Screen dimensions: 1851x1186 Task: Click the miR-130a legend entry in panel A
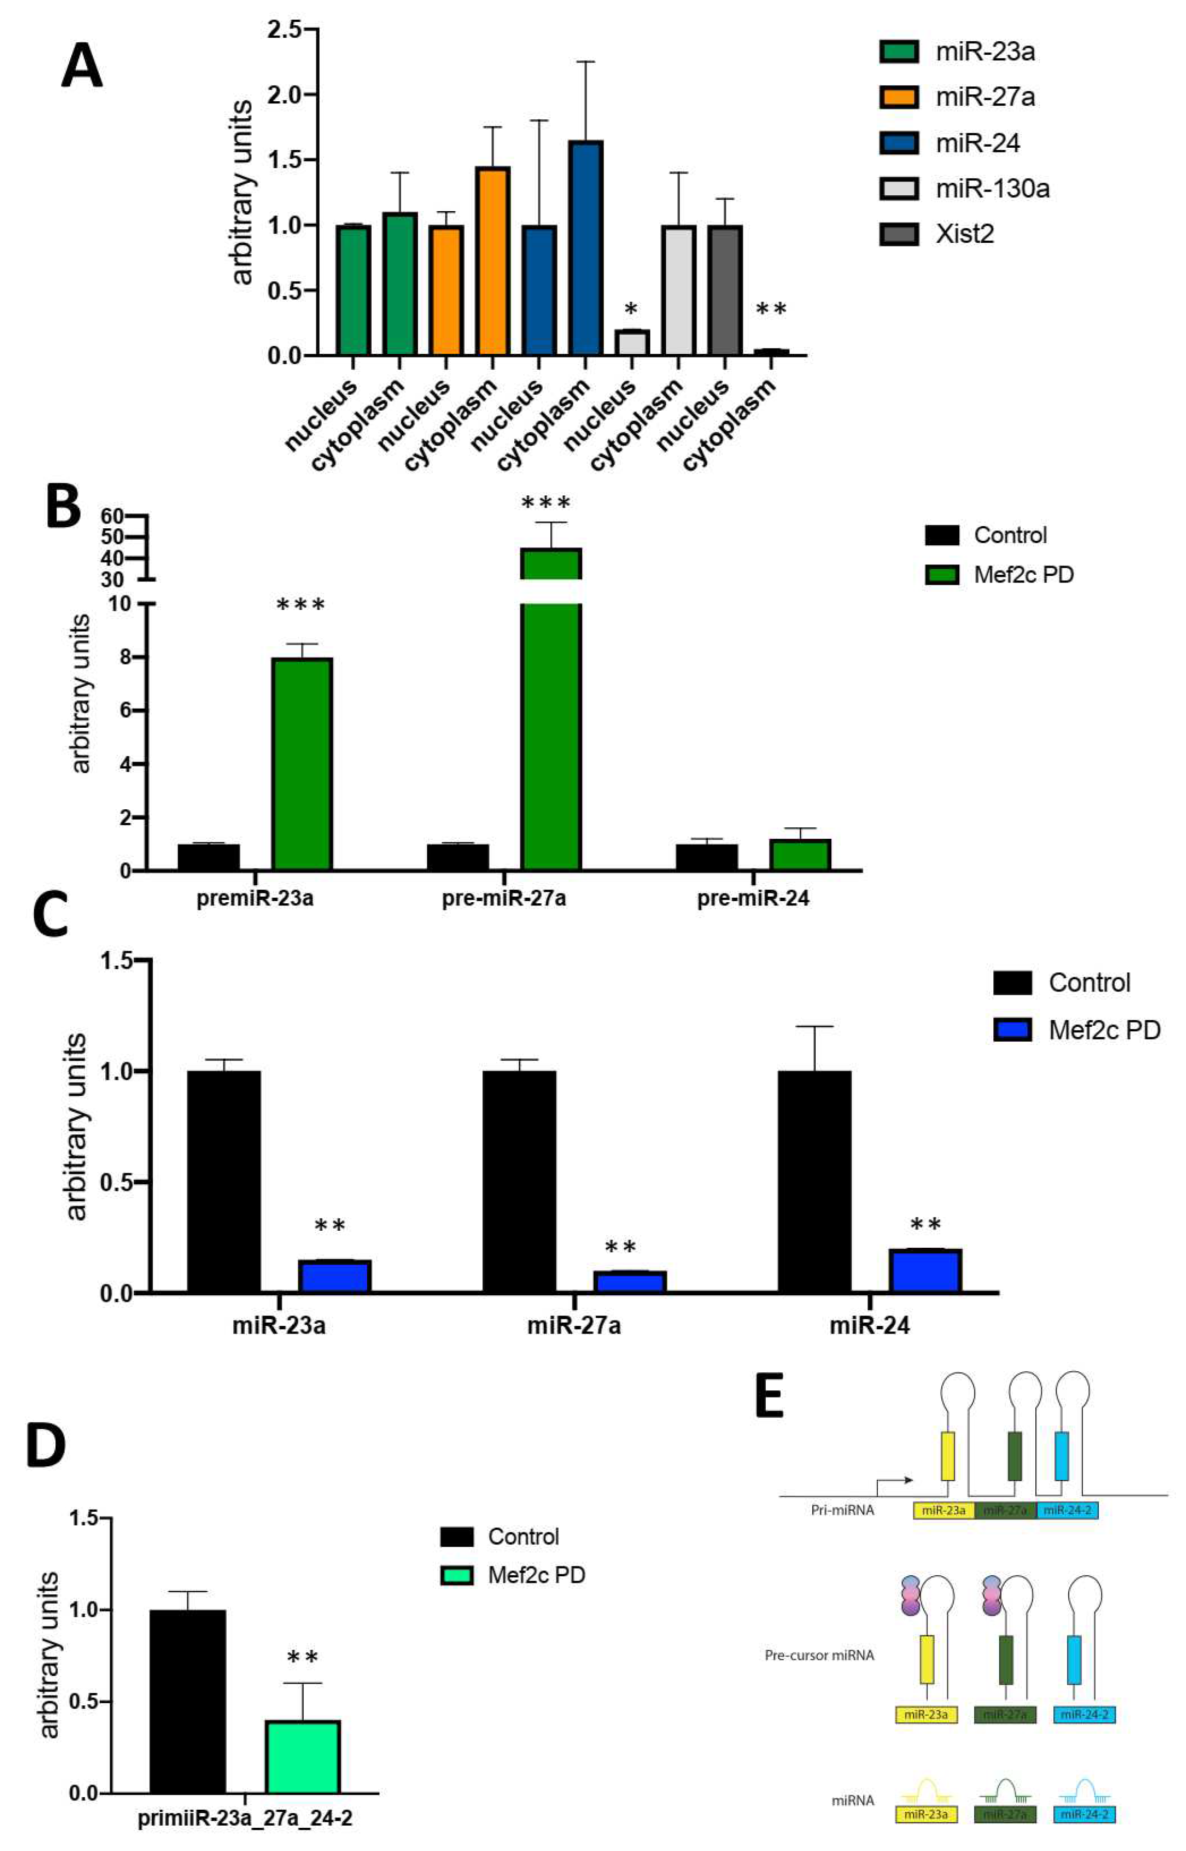tap(991, 189)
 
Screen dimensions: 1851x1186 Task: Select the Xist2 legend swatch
tap(899, 234)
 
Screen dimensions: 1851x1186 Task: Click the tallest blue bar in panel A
tap(586, 248)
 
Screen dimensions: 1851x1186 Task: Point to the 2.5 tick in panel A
tap(282, 30)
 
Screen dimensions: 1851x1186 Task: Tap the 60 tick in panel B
tap(113, 515)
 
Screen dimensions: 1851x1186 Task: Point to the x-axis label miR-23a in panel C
tap(279, 1326)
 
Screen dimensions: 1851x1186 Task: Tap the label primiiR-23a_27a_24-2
tap(245, 1818)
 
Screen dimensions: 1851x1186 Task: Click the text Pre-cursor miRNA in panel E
tap(819, 1655)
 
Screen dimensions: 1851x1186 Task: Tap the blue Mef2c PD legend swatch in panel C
tap(1012, 1030)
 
